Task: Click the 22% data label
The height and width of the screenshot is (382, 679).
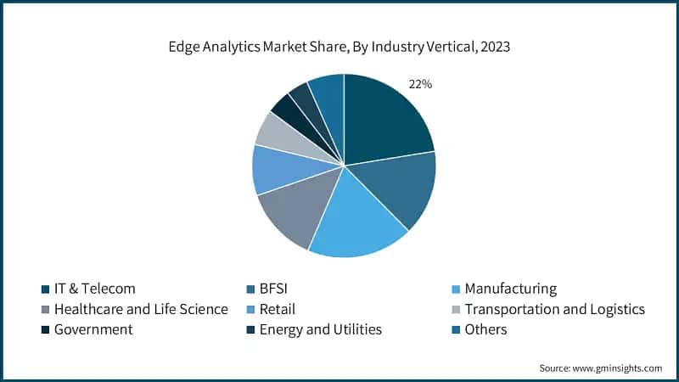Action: pos(421,84)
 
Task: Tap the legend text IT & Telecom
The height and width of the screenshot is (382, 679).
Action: pos(94,289)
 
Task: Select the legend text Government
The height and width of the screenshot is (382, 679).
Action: pos(93,329)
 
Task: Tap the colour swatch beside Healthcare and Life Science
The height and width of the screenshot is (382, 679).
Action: pos(45,309)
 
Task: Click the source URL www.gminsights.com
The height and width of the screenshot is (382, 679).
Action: pos(619,368)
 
